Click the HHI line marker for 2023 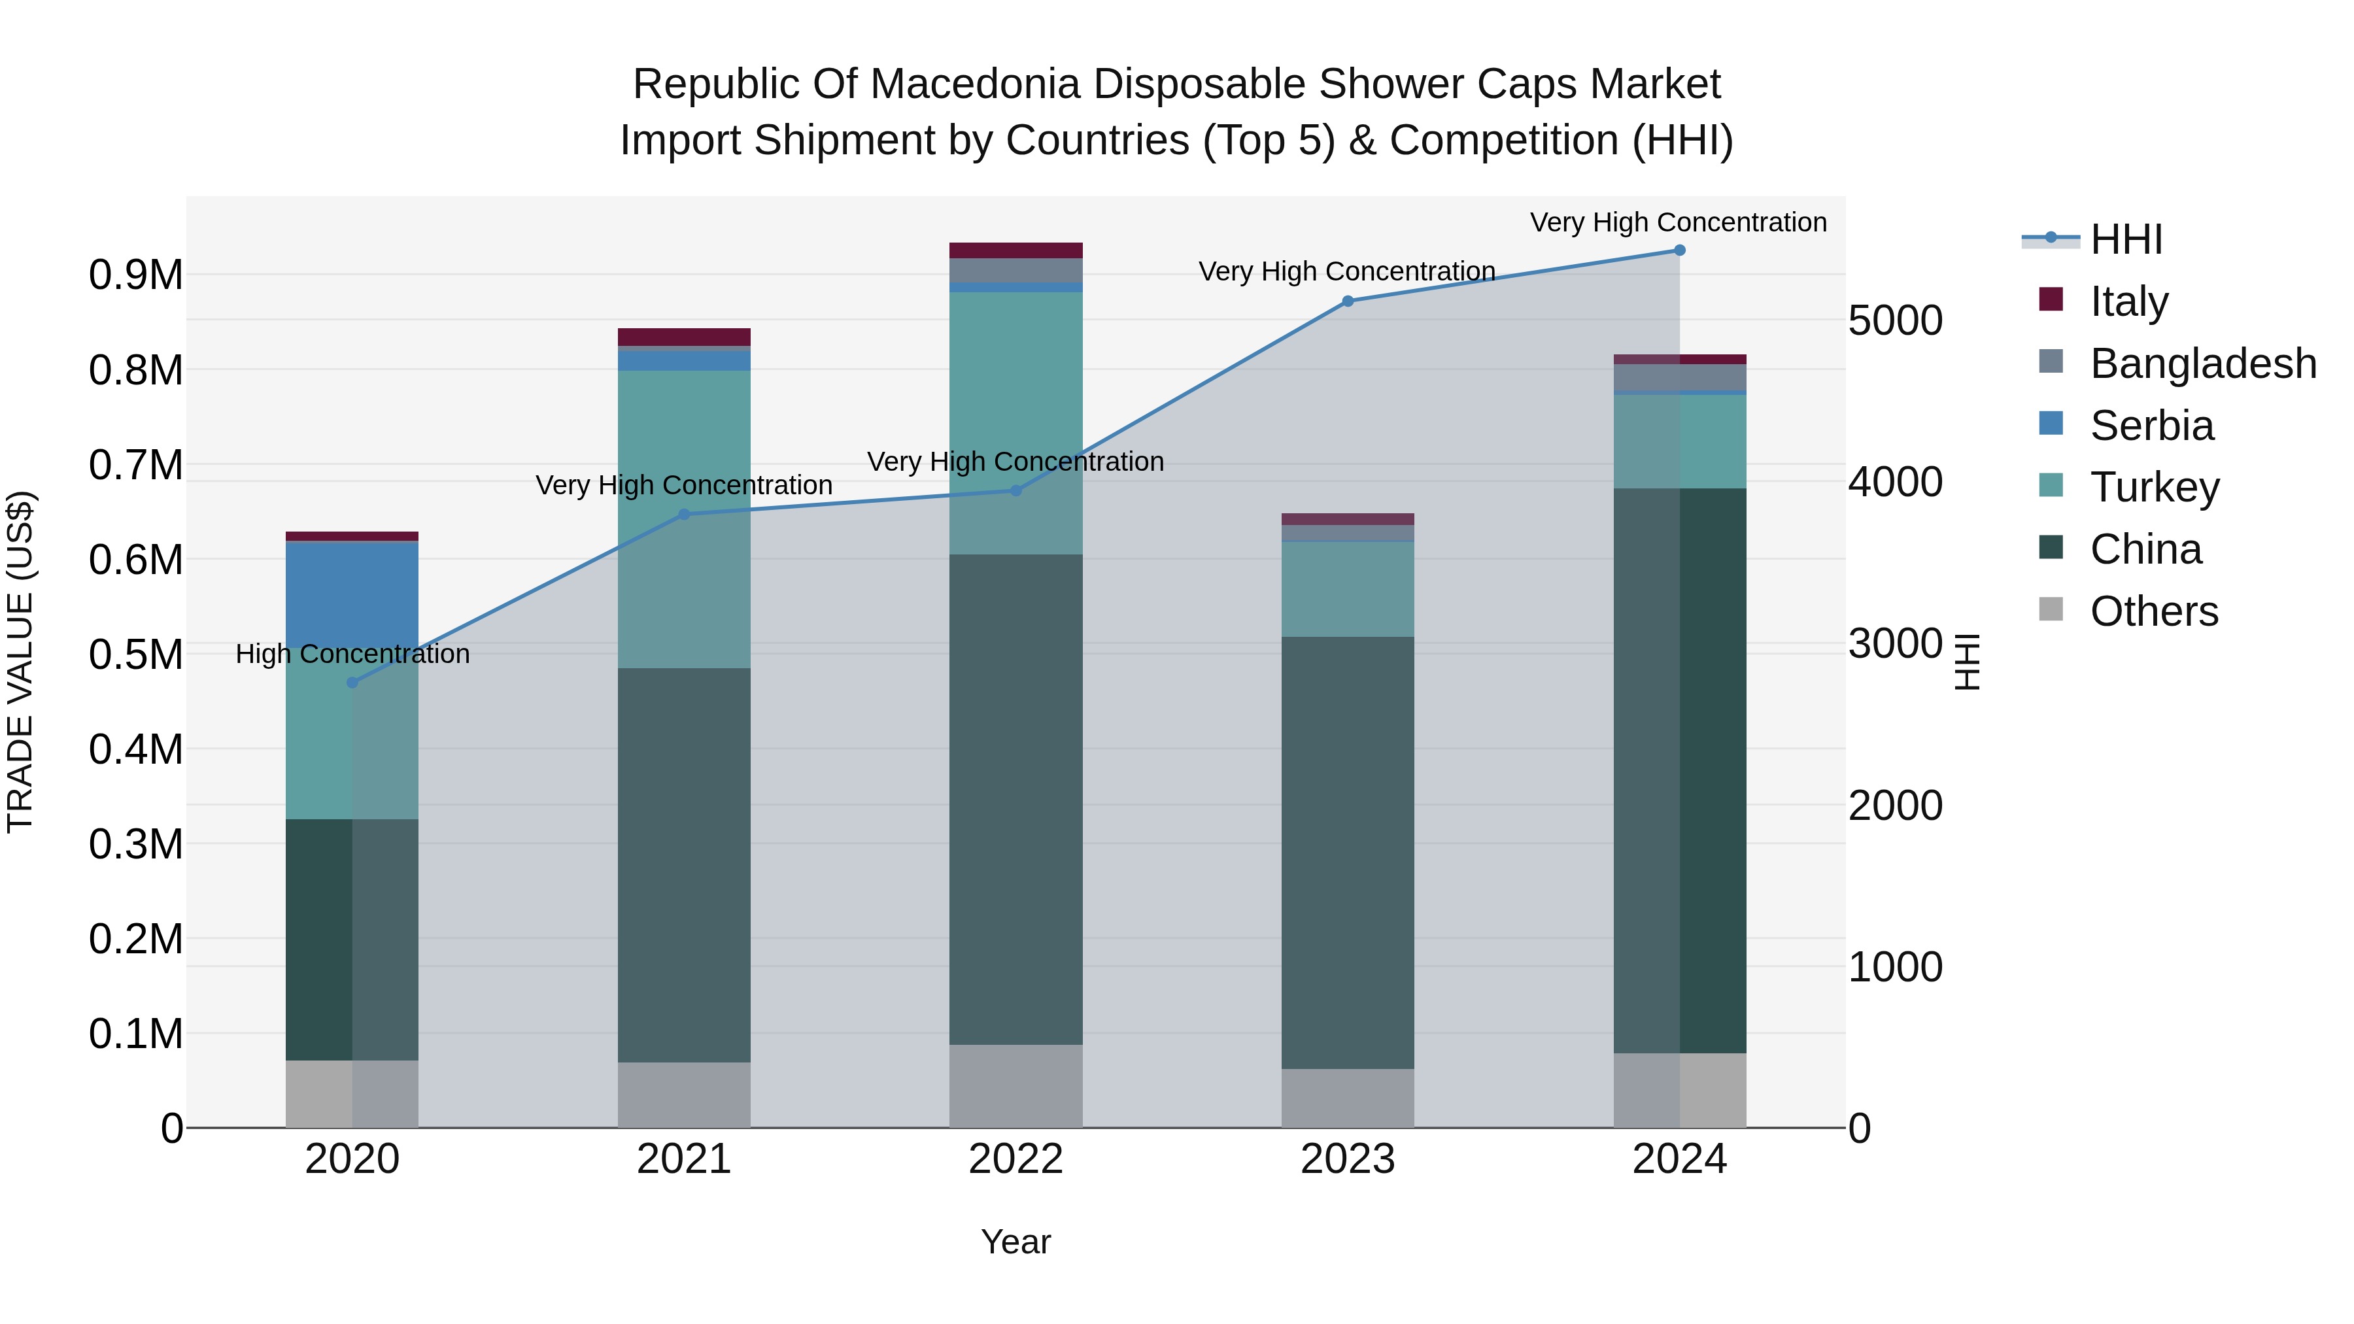click(x=1347, y=301)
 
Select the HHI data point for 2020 click(x=352, y=683)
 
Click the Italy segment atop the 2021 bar click(x=683, y=336)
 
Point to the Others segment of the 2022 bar click(x=1015, y=1085)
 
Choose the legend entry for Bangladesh click(x=2202, y=363)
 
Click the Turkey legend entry click(x=2154, y=487)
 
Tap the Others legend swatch click(x=2051, y=609)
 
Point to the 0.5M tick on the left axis click(x=135, y=654)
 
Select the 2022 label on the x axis click(x=1015, y=1159)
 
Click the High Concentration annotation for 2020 click(x=352, y=654)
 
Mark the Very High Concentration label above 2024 click(x=1678, y=222)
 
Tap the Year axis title click(x=1015, y=1242)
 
